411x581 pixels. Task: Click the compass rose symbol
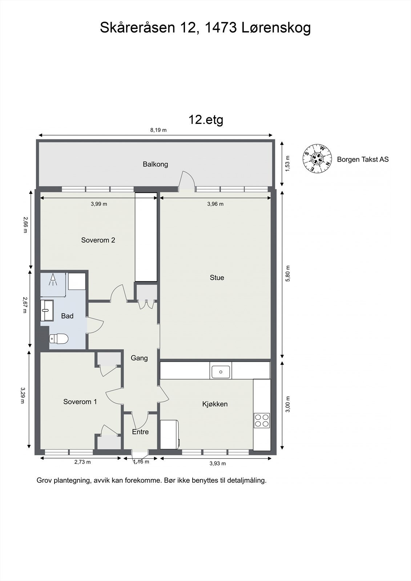pos(318,158)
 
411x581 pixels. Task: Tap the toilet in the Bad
pos(59,338)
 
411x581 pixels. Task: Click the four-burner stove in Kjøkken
pos(262,420)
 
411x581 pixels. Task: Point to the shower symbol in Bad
pos(53,279)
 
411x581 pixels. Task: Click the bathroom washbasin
pos(47,310)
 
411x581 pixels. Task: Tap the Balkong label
pos(155,164)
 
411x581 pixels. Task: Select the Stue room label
pos(217,277)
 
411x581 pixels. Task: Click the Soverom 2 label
pos(98,240)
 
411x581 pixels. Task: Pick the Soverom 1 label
pos(80,402)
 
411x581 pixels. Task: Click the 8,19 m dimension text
pos(158,130)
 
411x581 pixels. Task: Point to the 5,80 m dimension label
pos(288,274)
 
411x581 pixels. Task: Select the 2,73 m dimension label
pos(82,462)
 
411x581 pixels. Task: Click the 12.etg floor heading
pos(206,119)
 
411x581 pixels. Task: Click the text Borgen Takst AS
pos(363,159)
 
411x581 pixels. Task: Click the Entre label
pos(140,432)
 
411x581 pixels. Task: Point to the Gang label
pos(139,358)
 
